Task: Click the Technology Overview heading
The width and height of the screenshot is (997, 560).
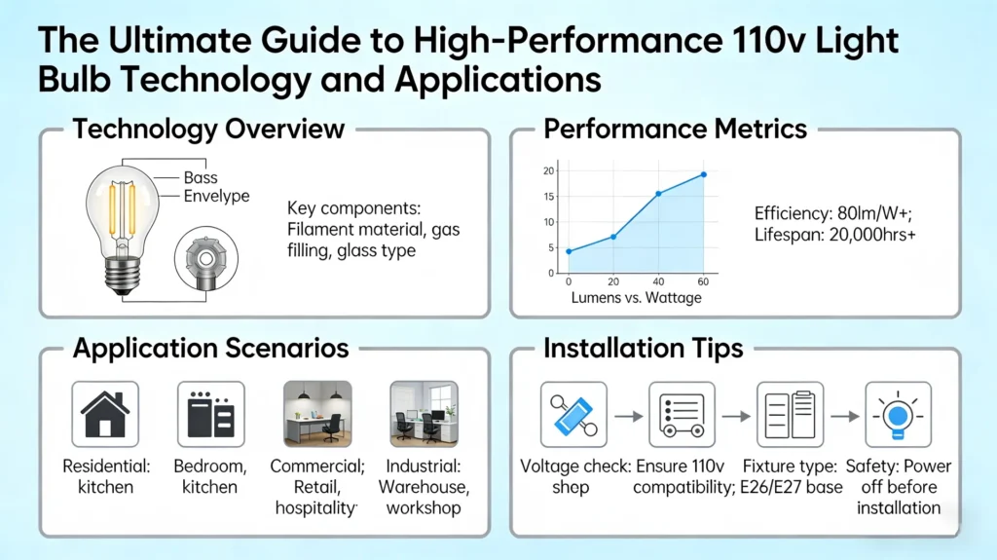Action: (x=208, y=130)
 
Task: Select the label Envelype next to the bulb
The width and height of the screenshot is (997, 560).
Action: (x=216, y=197)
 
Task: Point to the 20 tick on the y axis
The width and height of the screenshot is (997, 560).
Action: (x=548, y=171)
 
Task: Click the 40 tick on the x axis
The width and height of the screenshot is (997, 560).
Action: (x=658, y=281)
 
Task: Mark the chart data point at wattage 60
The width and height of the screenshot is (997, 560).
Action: (x=703, y=175)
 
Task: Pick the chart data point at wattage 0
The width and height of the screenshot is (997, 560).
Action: (x=569, y=251)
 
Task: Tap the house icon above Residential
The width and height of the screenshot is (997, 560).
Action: (x=105, y=413)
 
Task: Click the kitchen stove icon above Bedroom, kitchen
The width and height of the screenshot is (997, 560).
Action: (x=210, y=413)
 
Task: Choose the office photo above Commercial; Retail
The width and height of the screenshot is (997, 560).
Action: (x=316, y=413)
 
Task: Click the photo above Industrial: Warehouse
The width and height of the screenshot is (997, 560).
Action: (x=423, y=413)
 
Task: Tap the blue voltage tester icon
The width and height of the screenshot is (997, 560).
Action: (x=573, y=414)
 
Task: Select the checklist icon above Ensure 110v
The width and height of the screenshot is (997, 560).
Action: (x=682, y=414)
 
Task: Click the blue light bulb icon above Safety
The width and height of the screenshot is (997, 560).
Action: (x=898, y=414)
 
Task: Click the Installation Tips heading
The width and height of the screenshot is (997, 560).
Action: (x=643, y=348)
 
